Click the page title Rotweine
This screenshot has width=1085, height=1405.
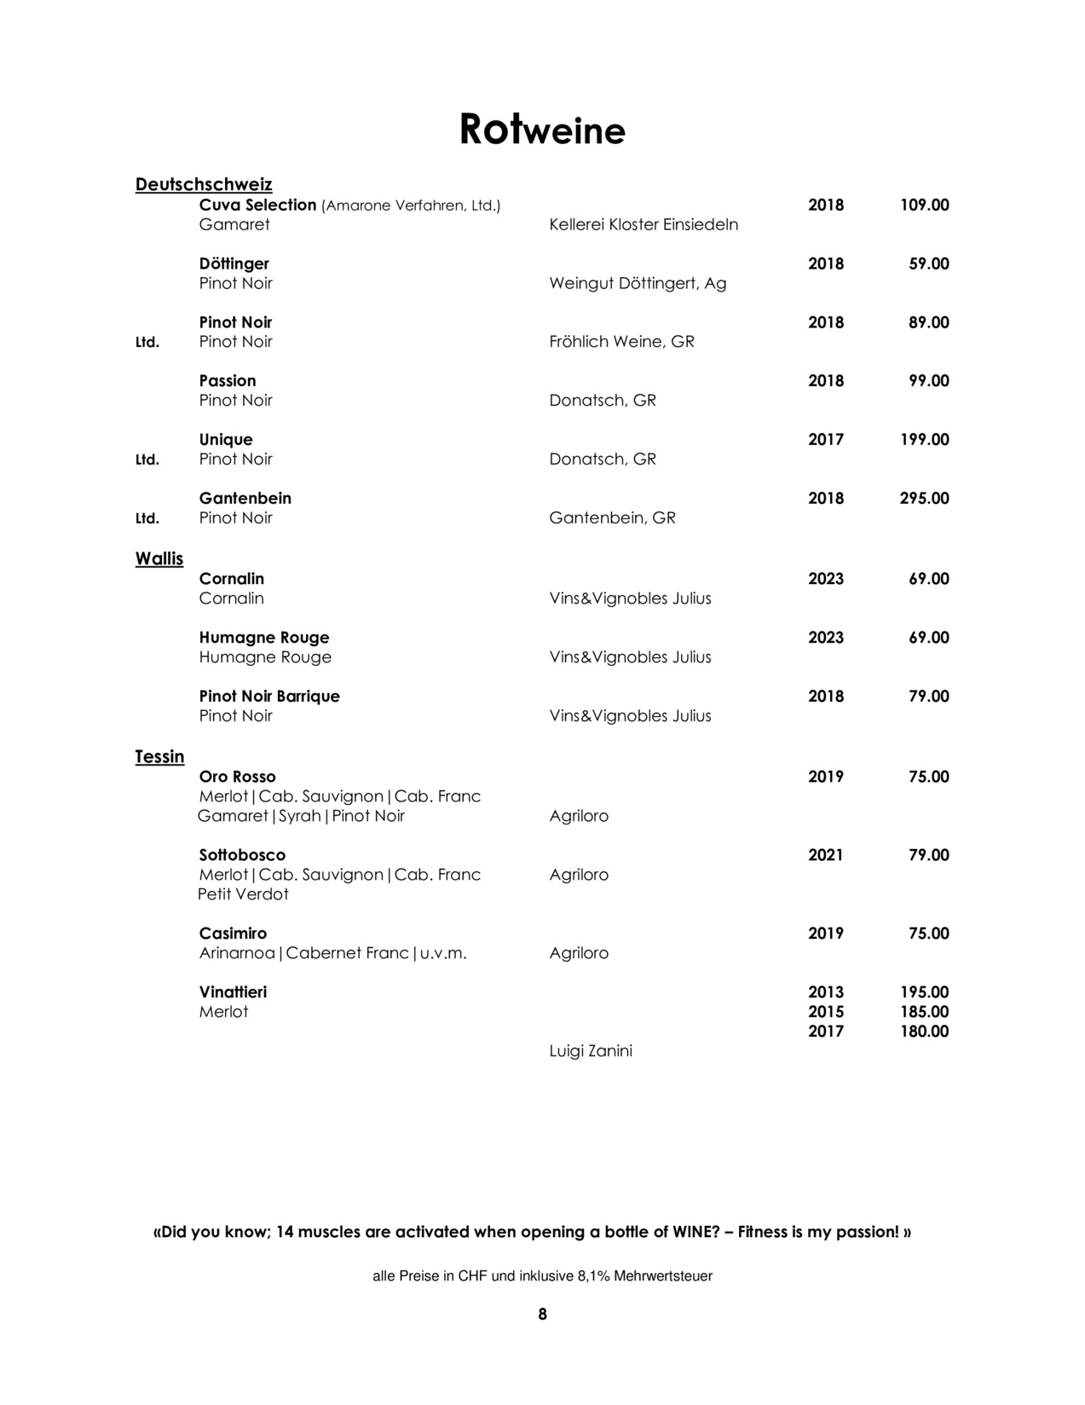tap(542, 130)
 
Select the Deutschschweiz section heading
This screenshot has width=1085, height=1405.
tap(204, 184)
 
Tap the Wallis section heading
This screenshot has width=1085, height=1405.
tap(159, 559)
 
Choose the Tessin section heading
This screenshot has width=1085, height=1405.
tap(159, 757)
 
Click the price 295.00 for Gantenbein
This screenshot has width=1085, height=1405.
tap(924, 499)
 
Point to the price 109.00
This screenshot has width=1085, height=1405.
tap(924, 205)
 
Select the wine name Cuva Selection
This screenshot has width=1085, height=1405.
tap(257, 205)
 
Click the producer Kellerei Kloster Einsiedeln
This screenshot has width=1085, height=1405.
tap(643, 225)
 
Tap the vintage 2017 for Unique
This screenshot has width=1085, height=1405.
tap(825, 440)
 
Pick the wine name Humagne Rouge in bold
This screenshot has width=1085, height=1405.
tap(264, 638)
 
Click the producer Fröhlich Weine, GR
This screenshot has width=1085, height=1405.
tap(621, 342)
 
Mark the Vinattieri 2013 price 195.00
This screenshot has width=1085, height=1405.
tap(924, 992)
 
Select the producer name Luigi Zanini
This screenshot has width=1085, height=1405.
tap(591, 1051)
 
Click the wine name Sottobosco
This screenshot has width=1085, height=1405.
tap(242, 855)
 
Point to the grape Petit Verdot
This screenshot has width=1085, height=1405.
tap(243, 894)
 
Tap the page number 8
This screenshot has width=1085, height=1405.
tap(542, 1315)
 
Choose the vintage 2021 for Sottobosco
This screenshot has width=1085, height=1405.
tap(825, 855)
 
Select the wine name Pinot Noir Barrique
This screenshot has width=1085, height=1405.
tap(269, 697)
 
